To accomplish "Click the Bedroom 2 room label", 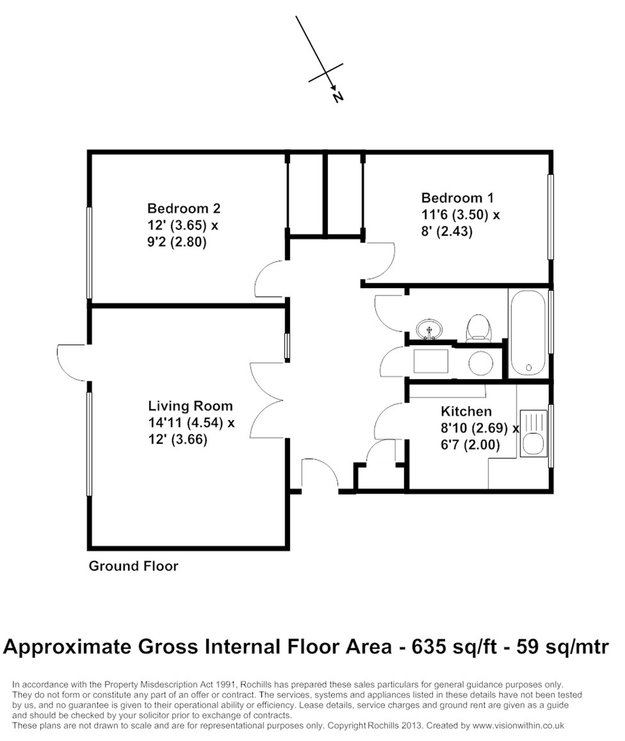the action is (x=184, y=209).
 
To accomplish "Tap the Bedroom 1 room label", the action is (x=457, y=198).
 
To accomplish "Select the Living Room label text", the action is (x=190, y=406).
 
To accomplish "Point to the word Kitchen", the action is (x=466, y=411).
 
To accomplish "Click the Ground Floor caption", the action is (x=133, y=566).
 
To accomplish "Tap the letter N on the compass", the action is (x=338, y=97).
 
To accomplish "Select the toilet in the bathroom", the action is (x=478, y=328).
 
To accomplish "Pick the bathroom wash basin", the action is (x=429, y=329).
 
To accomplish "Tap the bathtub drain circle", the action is (x=528, y=367).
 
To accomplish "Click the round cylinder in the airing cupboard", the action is (x=480, y=363).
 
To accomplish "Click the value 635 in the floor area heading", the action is (x=429, y=647).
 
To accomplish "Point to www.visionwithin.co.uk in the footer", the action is (x=518, y=725).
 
